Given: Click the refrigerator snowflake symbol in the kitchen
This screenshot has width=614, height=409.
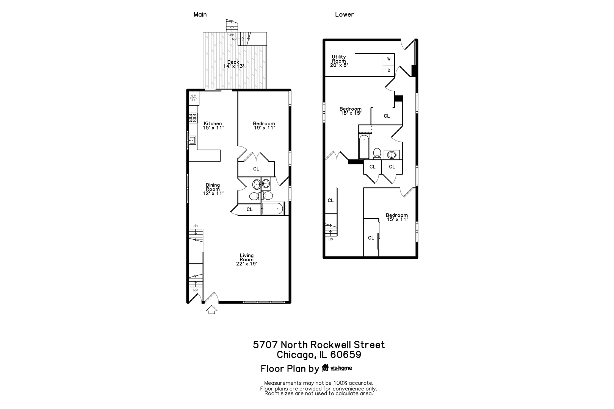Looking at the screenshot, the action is (x=194, y=98).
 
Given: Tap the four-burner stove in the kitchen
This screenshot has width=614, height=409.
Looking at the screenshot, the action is (x=193, y=118).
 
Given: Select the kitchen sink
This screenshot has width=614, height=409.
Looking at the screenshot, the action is (x=193, y=140).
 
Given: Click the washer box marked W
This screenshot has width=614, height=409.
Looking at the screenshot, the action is (x=389, y=59).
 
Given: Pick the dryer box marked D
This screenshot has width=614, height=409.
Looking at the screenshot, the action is (x=389, y=70).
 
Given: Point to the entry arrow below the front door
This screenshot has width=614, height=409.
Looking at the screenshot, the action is (x=211, y=309).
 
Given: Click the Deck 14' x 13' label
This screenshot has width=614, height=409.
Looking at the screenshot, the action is (x=233, y=64).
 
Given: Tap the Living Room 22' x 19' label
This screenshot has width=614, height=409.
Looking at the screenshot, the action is (x=247, y=259).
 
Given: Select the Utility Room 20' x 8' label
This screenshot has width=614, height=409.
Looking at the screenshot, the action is (x=339, y=61).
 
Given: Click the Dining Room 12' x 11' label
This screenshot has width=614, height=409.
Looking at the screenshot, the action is (x=213, y=189).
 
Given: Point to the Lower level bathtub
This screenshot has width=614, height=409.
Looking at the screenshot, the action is (x=364, y=147).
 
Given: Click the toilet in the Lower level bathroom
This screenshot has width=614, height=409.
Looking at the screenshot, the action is (x=377, y=153).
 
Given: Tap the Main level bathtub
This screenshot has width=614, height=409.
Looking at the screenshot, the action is (x=272, y=209).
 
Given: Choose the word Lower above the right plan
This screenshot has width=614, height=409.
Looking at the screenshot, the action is (x=344, y=14).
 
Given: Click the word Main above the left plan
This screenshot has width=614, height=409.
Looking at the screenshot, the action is (x=200, y=14).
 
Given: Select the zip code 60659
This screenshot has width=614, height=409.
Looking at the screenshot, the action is (x=346, y=354).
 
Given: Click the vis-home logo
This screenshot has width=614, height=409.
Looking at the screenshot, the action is (x=337, y=368).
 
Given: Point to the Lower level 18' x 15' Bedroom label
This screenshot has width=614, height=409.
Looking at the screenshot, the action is (x=351, y=111).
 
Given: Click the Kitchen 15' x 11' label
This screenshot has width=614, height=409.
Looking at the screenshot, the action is (x=213, y=125).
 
